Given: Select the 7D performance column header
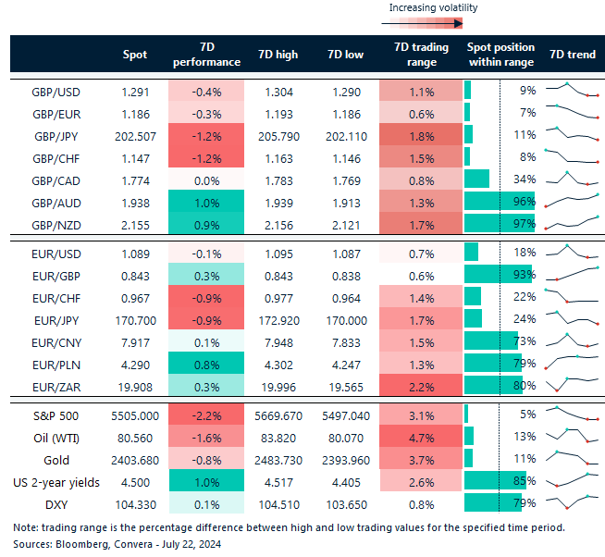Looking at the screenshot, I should pyautogui.click(x=206, y=55).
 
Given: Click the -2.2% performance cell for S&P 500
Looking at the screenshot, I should pyautogui.click(x=206, y=414).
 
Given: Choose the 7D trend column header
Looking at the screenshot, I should pyautogui.click(x=573, y=55).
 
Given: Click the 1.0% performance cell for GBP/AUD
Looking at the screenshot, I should pyautogui.click(x=206, y=201).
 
